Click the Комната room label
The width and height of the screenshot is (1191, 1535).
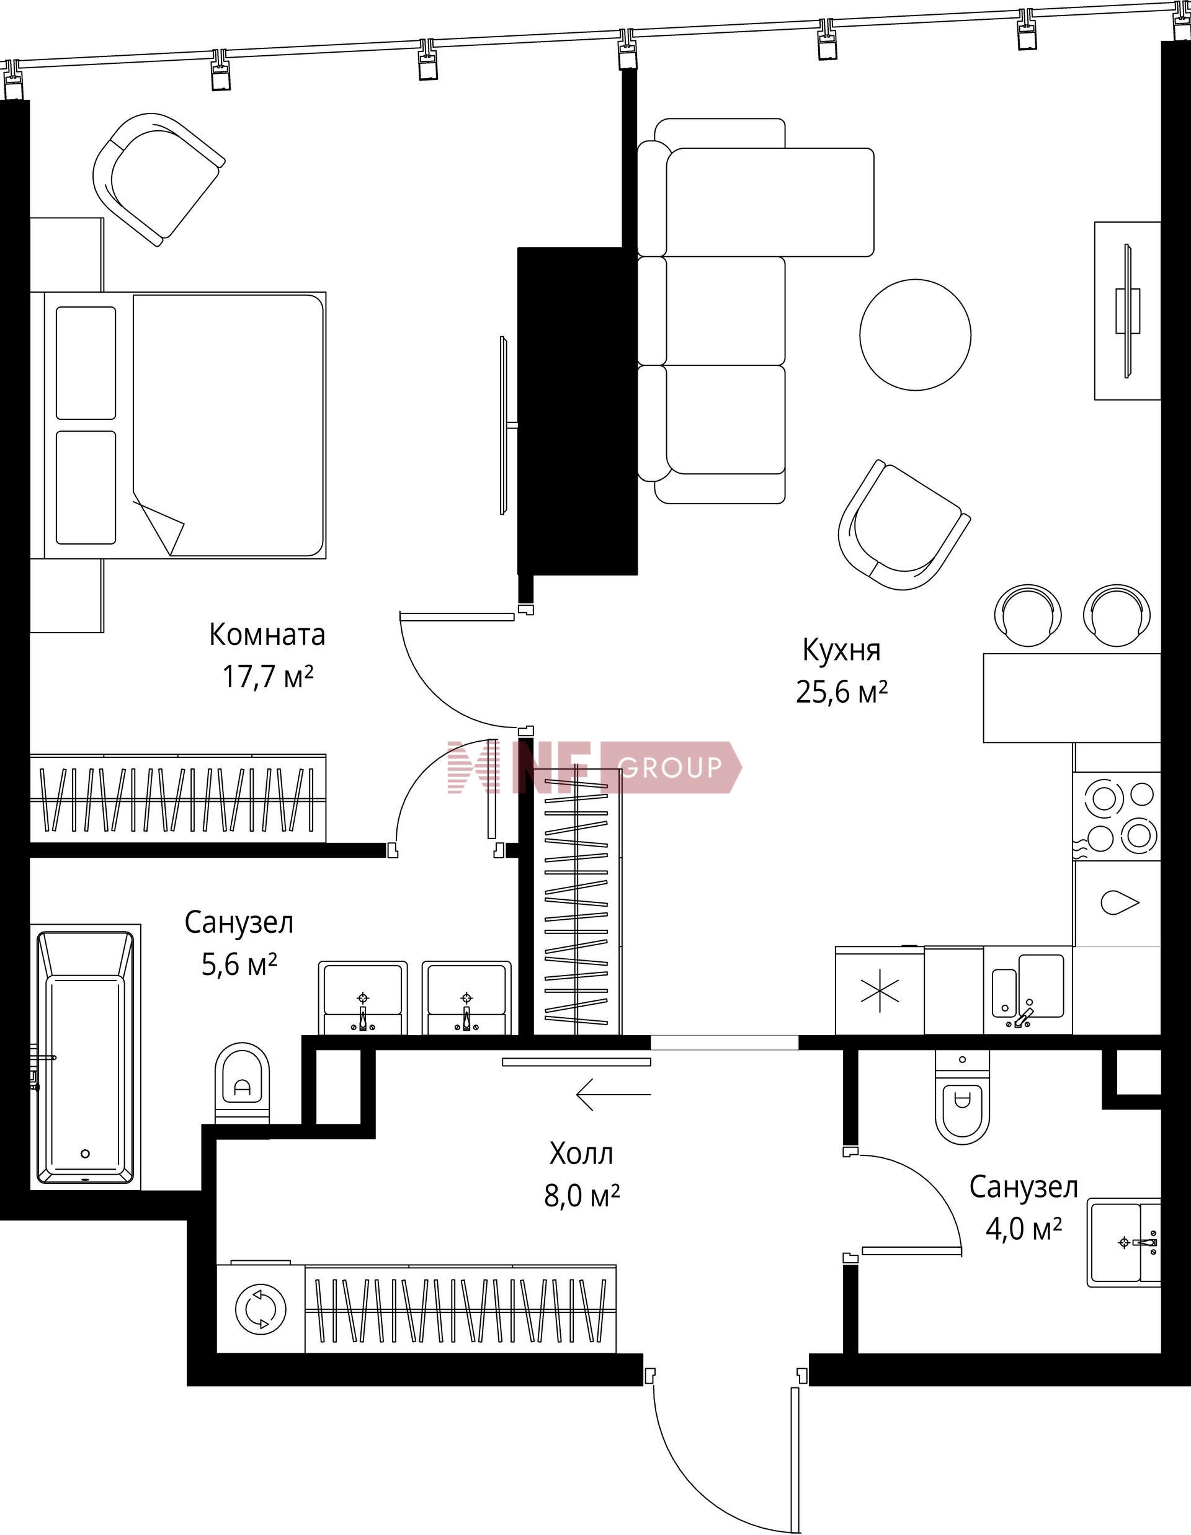click(x=267, y=634)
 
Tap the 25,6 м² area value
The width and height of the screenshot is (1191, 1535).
click(x=842, y=692)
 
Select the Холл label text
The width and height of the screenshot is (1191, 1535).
click(x=581, y=1154)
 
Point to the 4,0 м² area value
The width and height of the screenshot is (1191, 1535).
click(x=1024, y=1229)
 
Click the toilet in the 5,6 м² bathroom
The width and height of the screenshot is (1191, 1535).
click(x=242, y=1083)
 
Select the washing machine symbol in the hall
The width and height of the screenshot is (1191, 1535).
click(x=261, y=1310)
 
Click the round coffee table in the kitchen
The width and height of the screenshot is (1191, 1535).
click(x=916, y=334)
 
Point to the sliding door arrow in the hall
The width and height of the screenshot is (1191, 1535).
click(x=613, y=1094)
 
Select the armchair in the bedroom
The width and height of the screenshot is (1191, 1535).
click(x=159, y=179)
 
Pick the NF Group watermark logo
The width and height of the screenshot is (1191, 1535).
click(x=595, y=767)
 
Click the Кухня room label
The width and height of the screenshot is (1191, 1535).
click(x=842, y=650)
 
